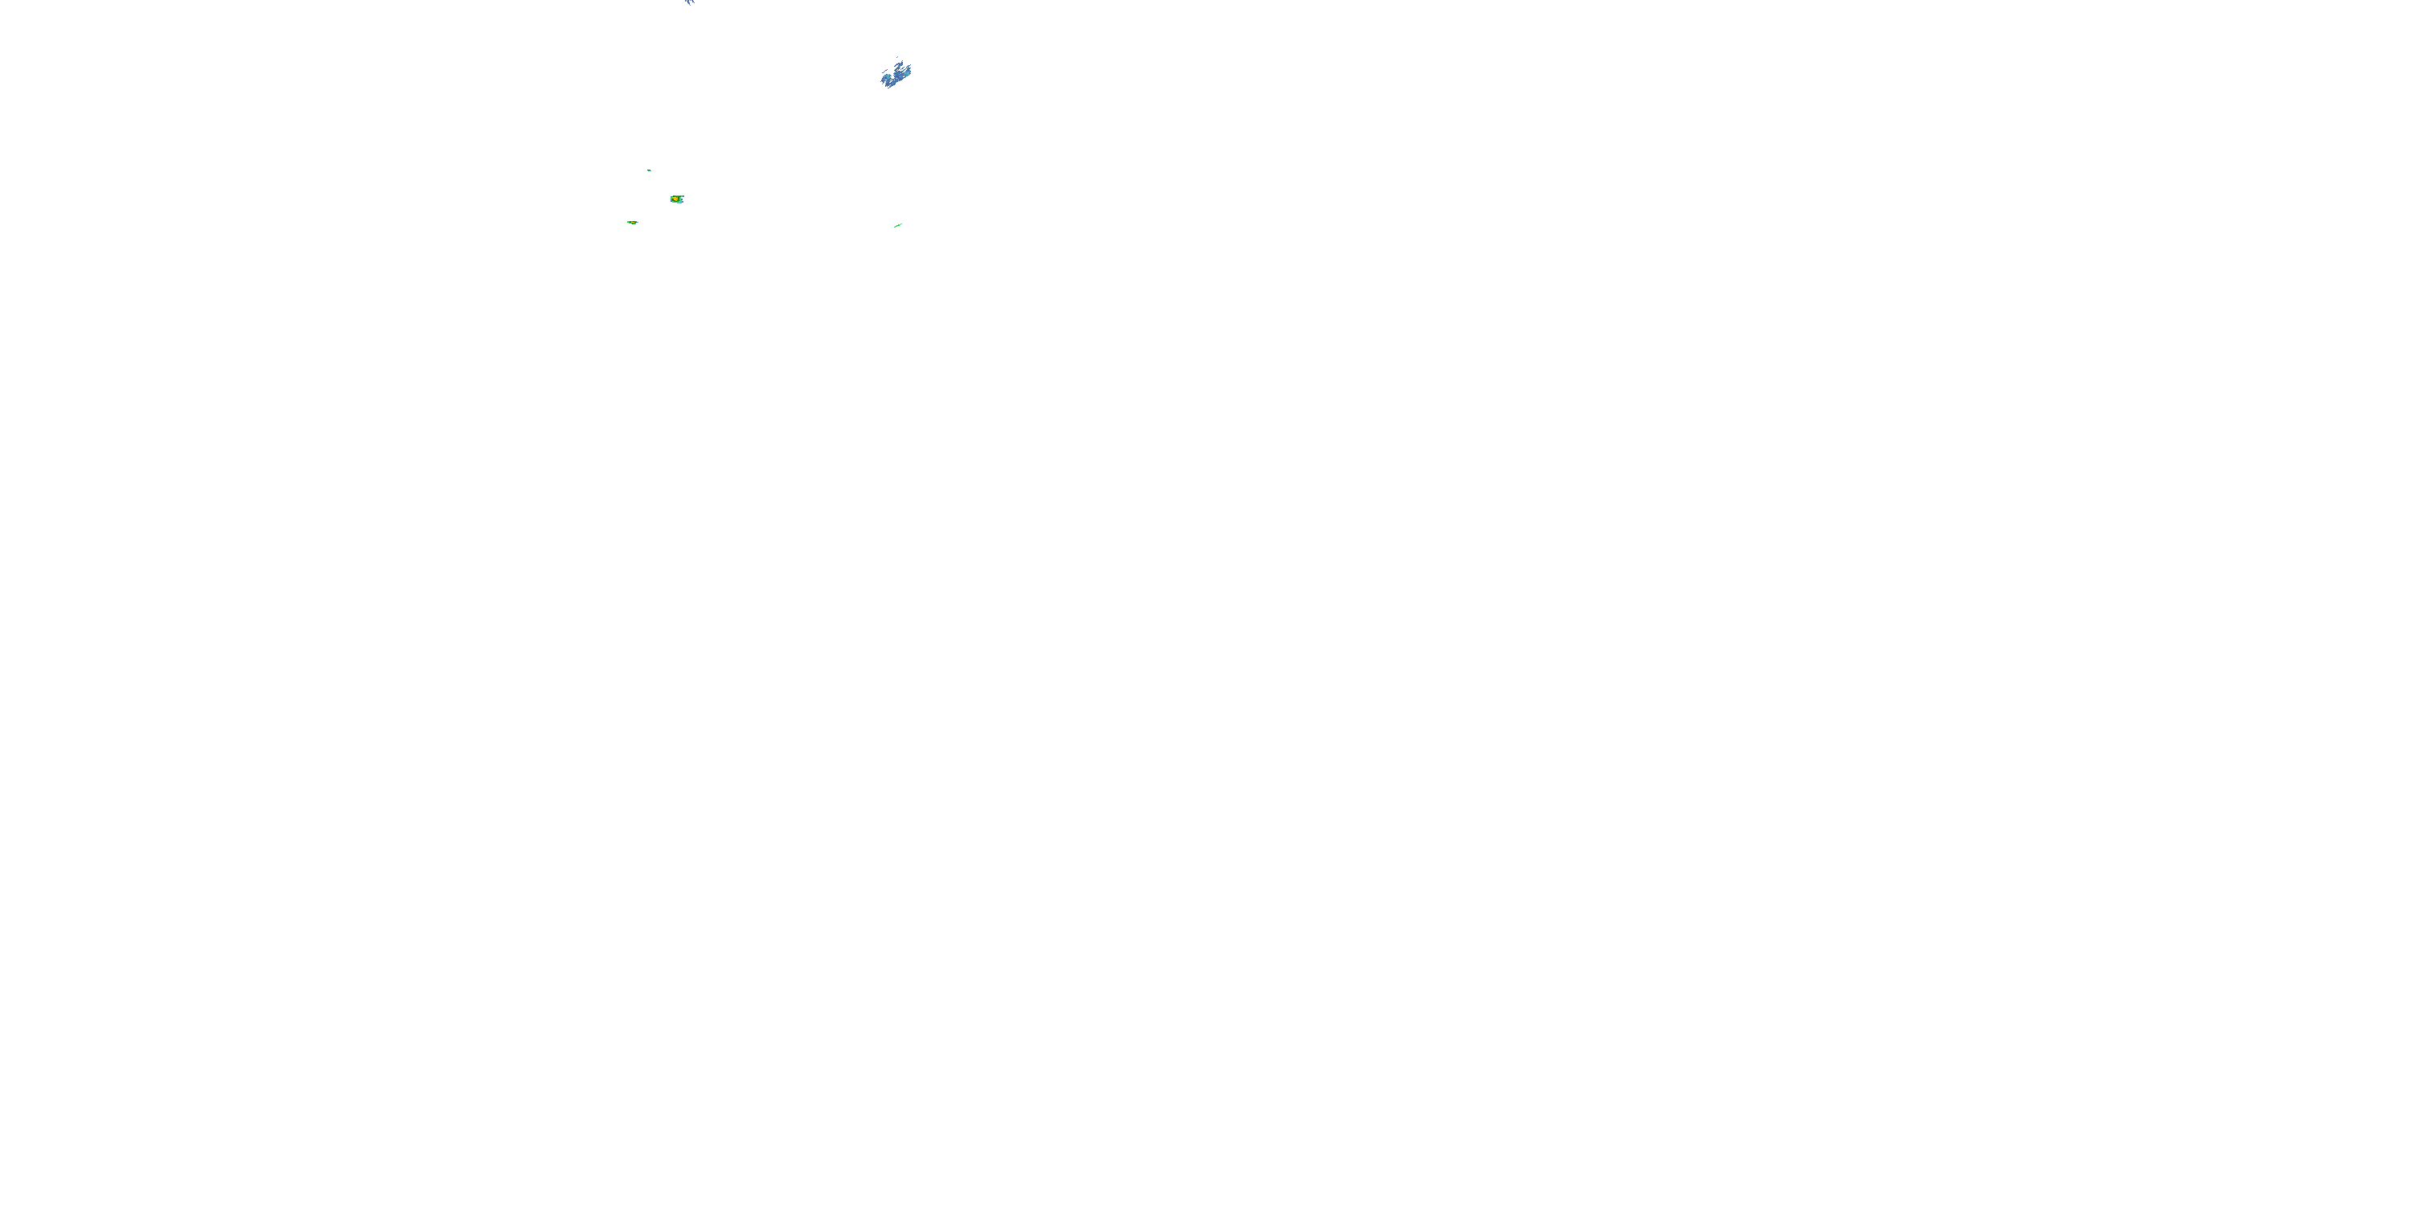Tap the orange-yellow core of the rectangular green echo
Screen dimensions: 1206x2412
(x=675, y=199)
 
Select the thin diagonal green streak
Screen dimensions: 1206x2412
(x=898, y=226)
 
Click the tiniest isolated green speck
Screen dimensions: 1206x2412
(x=649, y=170)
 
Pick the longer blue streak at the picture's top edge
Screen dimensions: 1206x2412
(x=689, y=2)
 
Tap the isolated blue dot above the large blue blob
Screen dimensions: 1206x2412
(x=898, y=57)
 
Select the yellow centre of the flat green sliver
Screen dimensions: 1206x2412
(x=633, y=223)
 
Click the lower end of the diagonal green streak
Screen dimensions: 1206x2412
(x=895, y=228)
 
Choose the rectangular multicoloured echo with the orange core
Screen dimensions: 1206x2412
(x=677, y=199)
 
